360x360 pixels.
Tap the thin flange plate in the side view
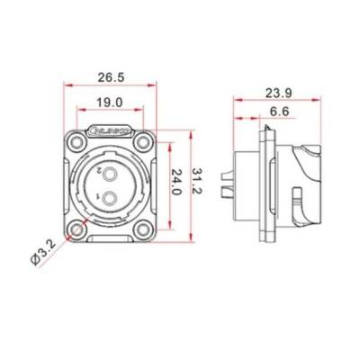click(265, 186)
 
